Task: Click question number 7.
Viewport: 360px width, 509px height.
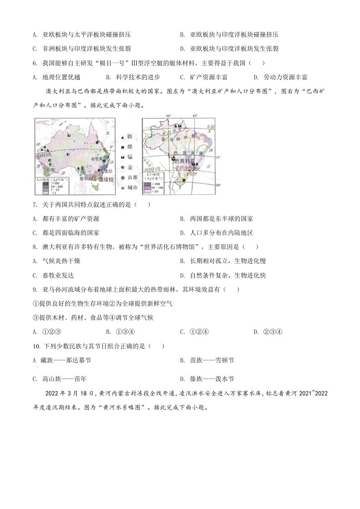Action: coord(35,205)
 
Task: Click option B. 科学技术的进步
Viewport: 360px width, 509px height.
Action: coord(132,77)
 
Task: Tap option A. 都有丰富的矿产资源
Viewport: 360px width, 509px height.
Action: coord(66,219)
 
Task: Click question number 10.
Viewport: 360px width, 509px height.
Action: coord(36,346)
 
